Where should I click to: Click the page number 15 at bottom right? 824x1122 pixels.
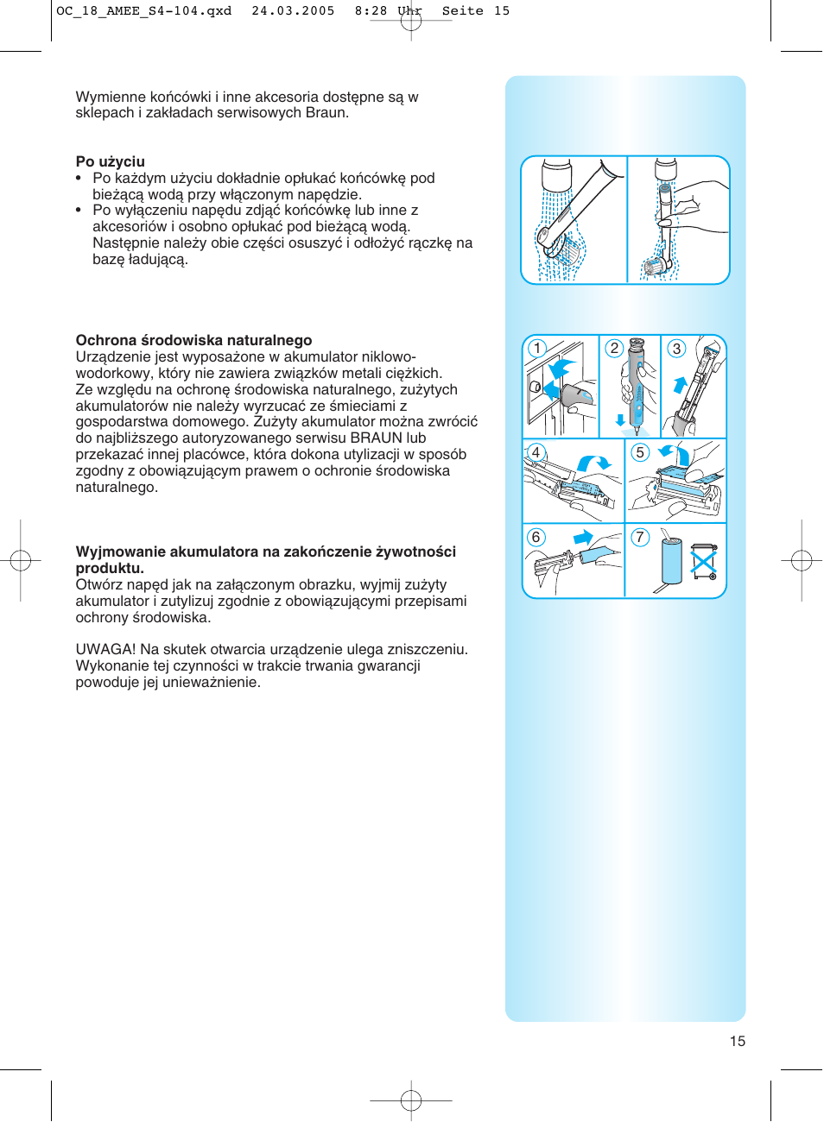tap(737, 1041)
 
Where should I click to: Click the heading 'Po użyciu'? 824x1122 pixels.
tap(110, 161)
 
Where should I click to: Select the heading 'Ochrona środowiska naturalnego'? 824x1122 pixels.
tap(193, 340)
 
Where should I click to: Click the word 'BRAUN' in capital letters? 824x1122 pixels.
tap(376, 438)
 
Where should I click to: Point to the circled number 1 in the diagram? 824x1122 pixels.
tap(537, 348)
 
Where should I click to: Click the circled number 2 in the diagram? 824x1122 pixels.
tap(613, 348)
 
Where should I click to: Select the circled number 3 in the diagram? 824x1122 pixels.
tap(676, 348)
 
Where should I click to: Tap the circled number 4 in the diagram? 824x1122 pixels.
tap(536, 452)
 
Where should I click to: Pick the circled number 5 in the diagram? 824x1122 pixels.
tap(640, 452)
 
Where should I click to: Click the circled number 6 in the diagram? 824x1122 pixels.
tap(536, 537)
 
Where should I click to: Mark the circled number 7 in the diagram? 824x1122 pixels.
tap(640, 537)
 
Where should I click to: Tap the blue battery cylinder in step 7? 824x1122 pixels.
tap(671, 561)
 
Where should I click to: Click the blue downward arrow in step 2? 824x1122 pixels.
tap(620, 420)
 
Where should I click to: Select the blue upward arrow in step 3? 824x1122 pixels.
tap(680, 384)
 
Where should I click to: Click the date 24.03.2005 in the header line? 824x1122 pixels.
tap(293, 11)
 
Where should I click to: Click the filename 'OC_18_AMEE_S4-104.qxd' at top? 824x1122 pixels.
tap(143, 11)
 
